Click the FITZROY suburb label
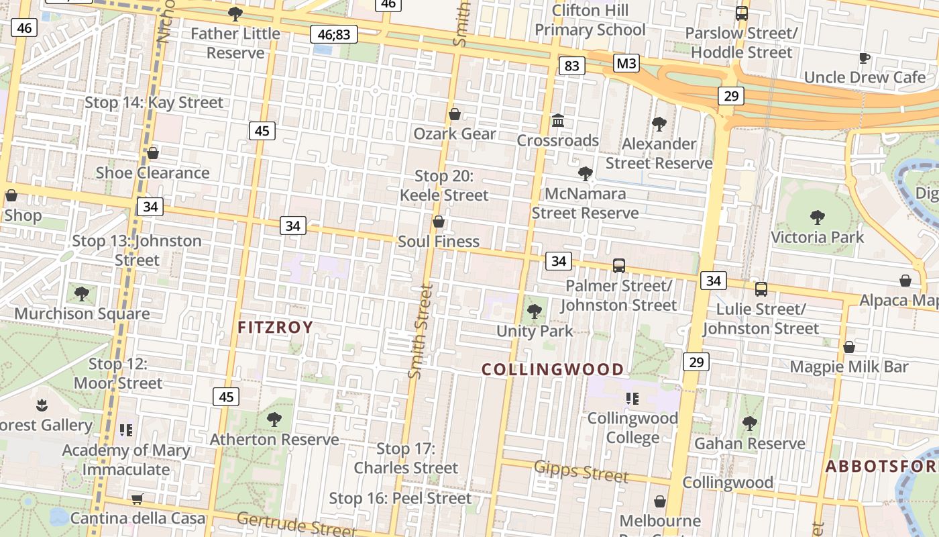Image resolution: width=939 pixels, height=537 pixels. coord(276,328)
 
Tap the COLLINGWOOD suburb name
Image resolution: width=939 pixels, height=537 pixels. coord(553,369)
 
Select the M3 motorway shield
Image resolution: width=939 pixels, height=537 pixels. coord(626,64)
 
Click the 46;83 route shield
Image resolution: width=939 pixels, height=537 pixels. coord(334,34)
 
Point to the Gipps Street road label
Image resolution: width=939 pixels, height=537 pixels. coord(582,472)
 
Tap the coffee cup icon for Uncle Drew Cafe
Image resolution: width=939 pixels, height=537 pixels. coord(865,58)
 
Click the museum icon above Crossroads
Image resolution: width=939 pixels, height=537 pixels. coord(558,121)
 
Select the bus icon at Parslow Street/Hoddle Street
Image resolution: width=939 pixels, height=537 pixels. coord(741,13)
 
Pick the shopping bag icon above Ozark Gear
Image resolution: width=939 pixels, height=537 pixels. coord(455,114)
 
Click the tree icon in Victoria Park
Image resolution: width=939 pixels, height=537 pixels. coord(817,217)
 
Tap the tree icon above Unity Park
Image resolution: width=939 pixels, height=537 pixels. coord(535,311)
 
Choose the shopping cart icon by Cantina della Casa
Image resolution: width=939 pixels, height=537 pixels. coord(137,499)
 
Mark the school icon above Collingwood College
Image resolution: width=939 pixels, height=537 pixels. coord(632,399)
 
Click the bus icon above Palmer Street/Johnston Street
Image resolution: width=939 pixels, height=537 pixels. coord(618,266)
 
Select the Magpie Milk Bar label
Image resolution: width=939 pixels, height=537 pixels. coord(849,367)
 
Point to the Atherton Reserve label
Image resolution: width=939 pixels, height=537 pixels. coord(274,440)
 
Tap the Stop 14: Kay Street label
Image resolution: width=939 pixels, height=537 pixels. coord(154,103)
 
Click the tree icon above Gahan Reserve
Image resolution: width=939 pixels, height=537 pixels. coord(749,423)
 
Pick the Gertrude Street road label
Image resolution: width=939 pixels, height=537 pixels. coord(296,524)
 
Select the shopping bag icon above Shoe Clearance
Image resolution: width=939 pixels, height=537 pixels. coord(153,153)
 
